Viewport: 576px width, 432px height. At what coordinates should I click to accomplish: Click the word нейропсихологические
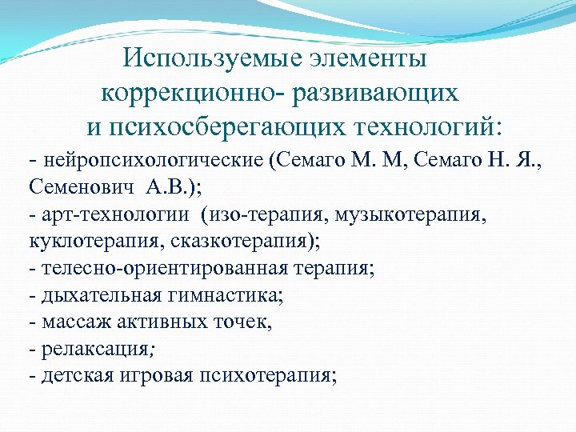point(152,159)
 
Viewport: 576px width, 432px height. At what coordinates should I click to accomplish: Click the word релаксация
point(89,350)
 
